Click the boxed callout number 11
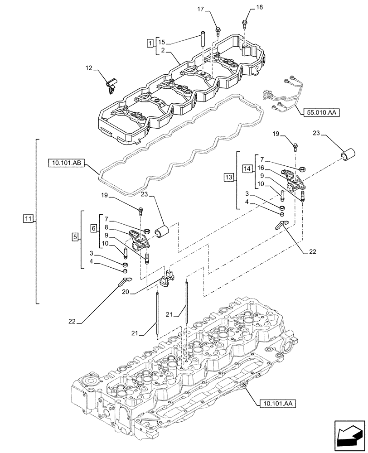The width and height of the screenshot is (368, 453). [29, 219]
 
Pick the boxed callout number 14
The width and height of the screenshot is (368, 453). [247, 169]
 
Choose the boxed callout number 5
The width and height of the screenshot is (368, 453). [74, 236]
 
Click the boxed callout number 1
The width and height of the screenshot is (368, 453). [150, 43]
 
